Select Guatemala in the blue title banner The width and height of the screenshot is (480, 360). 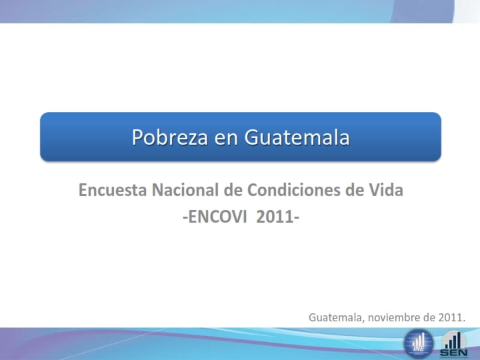tap(297, 137)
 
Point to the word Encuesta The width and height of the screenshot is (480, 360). tap(113, 191)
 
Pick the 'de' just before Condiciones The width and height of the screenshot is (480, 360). tap(233, 191)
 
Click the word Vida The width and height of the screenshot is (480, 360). tap(386, 191)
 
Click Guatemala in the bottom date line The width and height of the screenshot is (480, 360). tap(336, 317)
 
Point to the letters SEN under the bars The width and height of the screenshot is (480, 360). tap(453, 353)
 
